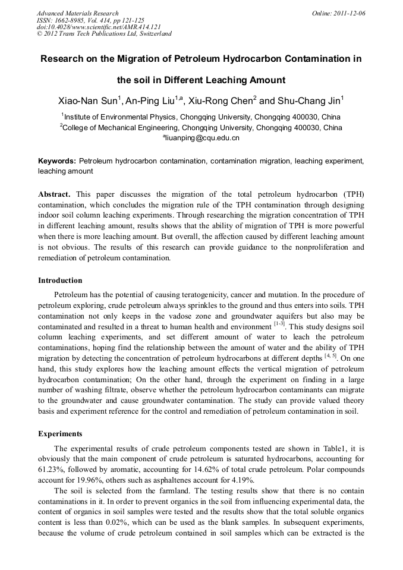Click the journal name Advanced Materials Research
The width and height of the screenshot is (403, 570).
(x=78, y=13)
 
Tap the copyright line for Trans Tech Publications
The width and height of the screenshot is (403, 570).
(x=104, y=34)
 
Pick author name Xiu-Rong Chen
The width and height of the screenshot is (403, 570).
(x=220, y=101)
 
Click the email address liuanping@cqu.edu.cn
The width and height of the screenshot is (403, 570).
(x=201, y=138)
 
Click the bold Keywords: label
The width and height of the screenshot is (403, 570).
(x=57, y=161)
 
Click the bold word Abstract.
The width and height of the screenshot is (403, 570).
(x=54, y=194)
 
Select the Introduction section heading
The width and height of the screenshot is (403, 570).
(x=60, y=281)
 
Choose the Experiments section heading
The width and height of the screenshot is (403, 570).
(x=60, y=434)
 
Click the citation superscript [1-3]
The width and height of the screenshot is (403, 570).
(x=279, y=324)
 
